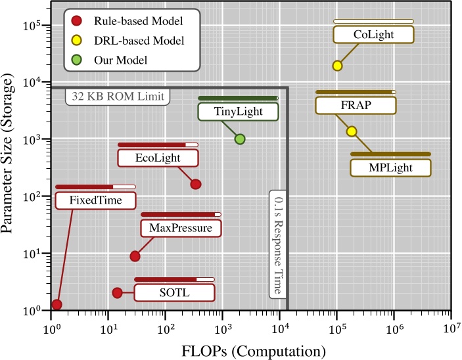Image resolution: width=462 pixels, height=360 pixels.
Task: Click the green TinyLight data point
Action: (x=240, y=139)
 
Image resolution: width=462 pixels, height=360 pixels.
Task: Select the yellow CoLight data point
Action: (x=337, y=66)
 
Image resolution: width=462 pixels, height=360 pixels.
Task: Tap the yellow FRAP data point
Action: (x=352, y=131)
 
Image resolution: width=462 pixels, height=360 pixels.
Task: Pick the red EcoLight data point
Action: (x=195, y=185)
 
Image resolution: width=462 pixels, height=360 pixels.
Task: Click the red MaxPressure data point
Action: (x=135, y=256)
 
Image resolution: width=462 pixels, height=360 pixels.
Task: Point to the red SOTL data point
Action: (x=117, y=292)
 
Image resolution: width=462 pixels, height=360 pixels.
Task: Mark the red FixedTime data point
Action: (x=57, y=304)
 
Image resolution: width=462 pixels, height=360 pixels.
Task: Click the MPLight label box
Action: (x=390, y=167)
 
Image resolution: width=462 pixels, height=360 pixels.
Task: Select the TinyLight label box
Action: (x=238, y=112)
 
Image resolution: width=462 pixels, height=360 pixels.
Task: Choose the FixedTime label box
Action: (x=95, y=200)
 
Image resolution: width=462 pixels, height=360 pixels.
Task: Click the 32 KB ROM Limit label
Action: (x=118, y=97)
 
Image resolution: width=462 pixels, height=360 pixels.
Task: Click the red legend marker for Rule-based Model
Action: (x=77, y=21)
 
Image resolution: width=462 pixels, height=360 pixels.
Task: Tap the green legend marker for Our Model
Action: (x=77, y=60)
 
